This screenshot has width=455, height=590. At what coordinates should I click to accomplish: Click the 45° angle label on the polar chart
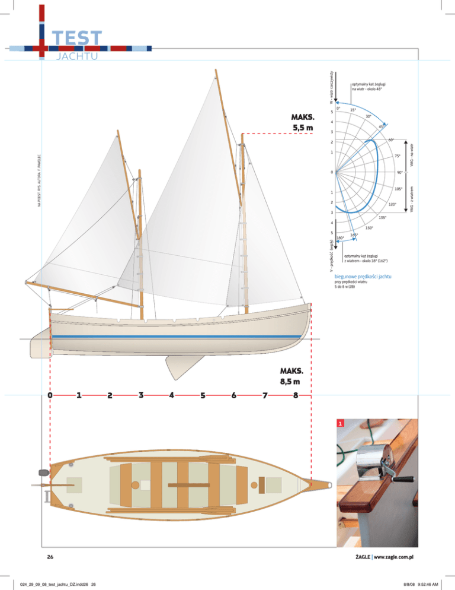pos(382,126)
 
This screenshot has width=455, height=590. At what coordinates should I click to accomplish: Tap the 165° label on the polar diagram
pos(354,236)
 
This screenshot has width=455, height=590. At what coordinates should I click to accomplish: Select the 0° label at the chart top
pos(338,108)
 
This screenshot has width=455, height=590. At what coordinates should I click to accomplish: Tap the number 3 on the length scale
pos(140,394)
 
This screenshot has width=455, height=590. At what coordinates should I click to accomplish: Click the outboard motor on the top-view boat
pos(43,473)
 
